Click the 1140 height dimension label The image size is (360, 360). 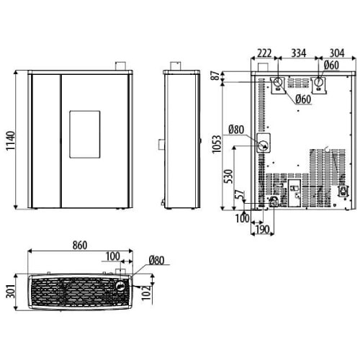coord(10,140)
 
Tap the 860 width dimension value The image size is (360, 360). coord(80,246)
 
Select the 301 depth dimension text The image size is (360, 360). coord(10,292)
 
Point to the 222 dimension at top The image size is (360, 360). coord(264,53)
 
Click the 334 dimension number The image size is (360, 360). coord(299,53)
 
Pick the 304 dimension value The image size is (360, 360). coord(337,53)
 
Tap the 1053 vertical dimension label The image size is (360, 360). coord(217,144)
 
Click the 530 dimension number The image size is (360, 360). coord(229,176)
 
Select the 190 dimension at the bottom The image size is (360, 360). coord(262,230)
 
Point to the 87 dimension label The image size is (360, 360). coord(216,76)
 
